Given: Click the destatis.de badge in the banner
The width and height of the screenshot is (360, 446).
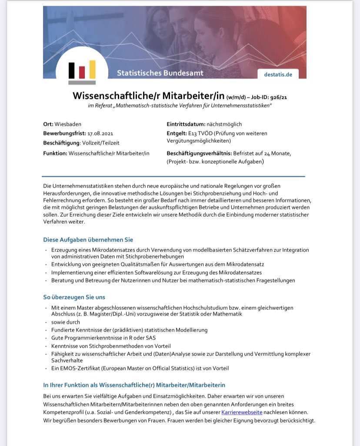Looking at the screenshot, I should click(x=278, y=74).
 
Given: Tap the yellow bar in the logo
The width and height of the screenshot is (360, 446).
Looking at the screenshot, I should click(x=92, y=70).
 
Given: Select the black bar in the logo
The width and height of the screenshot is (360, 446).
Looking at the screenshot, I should click(x=72, y=71).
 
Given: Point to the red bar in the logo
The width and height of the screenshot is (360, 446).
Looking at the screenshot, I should click(x=82, y=72).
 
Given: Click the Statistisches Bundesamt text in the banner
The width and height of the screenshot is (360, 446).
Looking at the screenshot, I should click(x=160, y=73).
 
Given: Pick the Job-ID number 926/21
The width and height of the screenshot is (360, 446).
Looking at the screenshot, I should click(x=278, y=97).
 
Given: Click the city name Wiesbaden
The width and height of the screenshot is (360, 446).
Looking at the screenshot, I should click(x=68, y=124).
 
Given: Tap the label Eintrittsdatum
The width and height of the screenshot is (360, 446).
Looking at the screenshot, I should click(x=186, y=124).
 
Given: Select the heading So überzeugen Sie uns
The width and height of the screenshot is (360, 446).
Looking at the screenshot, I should click(x=74, y=297).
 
